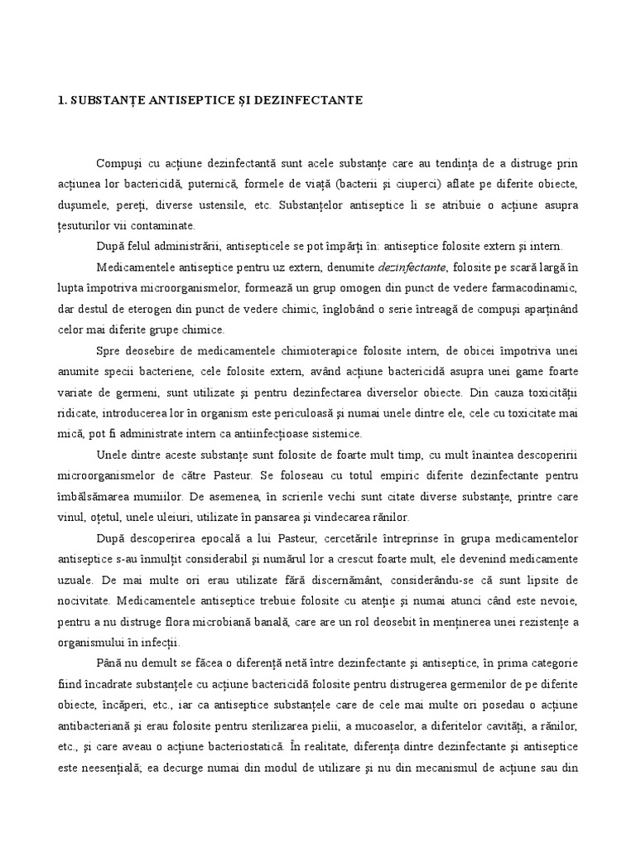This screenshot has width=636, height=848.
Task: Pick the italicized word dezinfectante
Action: (x=412, y=267)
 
